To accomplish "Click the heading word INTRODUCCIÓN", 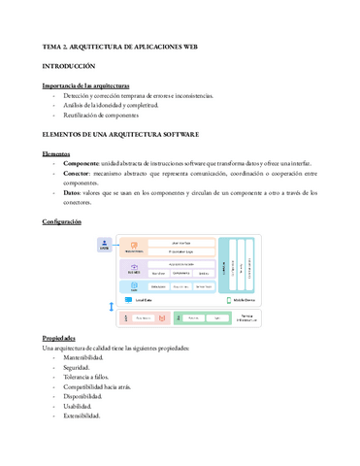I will pos(68,66).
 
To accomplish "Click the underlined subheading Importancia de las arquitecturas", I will pos(92,86).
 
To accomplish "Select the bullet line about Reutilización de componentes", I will pos(107,116).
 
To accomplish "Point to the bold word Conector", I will pos(82,173).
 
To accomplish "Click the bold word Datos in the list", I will pos(75,193).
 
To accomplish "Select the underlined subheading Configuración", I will pos(68,222).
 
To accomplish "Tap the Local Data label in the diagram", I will pos(149,301).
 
